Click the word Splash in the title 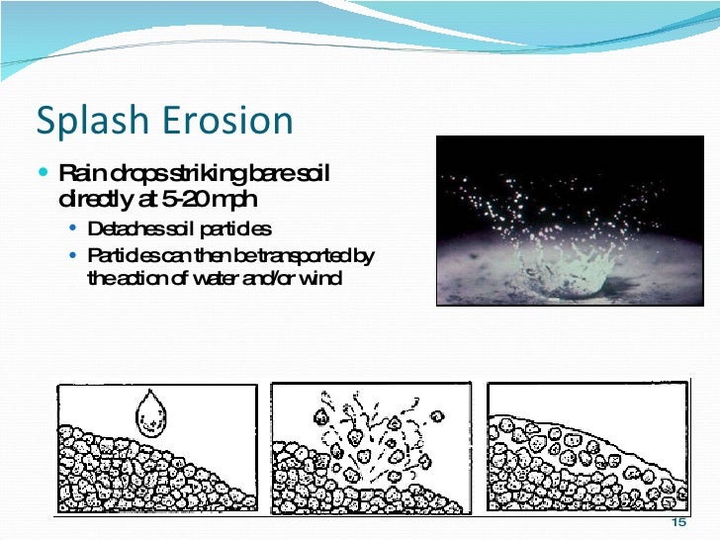click(x=86, y=121)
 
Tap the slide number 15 click(x=677, y=523)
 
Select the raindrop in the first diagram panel click(x=150, y=412)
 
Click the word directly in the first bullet click(x=92, y=200)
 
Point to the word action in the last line click(x=144, y=278)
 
